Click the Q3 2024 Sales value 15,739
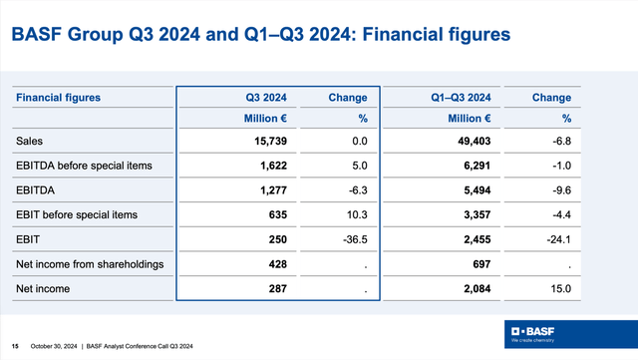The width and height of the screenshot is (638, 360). (x=267, y=144)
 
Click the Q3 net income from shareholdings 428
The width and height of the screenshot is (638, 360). (x=277, y=264)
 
